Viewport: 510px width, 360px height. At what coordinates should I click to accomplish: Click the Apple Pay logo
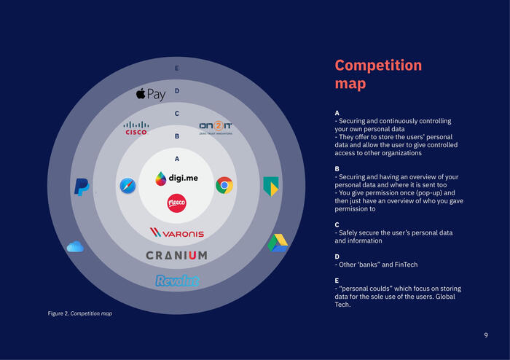pyautogui.click(x=151, y=94)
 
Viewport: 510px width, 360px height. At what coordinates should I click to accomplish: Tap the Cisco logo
pyautogui.click(x=136, y=128)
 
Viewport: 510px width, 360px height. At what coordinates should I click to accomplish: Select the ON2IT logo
pyautogui.click(x=216, y=128)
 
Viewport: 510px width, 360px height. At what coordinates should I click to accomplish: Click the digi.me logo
pyautogui.click(x=176, y=178)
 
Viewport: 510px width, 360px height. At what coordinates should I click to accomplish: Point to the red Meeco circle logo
pyautogui.click(x=176, y=203)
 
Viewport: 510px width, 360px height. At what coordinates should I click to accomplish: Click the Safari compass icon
pyautogui.click(x=127, y=187)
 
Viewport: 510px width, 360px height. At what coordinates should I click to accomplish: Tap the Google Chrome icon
pyautogui.click(x=224, y=185)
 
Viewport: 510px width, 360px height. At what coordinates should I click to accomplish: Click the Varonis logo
pyautogui.click(x=176, y=232)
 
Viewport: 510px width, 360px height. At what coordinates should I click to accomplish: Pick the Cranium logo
pyautogui.click(x=176, y=255)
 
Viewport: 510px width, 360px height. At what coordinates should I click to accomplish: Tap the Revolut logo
pyautogui.click(x=177, y=281)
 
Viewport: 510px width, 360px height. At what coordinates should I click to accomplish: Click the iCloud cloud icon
pyautogui.click(x=75, y=247)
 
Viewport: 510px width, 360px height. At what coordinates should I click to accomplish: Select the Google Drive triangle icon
pyautogui.click(x=278, y=243)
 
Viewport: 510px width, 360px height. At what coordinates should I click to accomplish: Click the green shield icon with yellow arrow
pyautogui.click(x=271, y=186)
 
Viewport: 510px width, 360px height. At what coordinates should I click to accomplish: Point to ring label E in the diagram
pyautogui.click(x=176, y=69)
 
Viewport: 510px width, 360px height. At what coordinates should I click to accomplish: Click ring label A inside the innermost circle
pyautogui.click(x=176, y=158)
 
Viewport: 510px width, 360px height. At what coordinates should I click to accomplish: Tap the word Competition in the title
pyautogui.click(x=378, y=66)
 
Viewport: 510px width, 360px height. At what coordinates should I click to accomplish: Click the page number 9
pyautogui.click(x=486, y=334)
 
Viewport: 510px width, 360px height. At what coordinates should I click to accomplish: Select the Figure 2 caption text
pyautogui.click(x=80, y=313)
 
